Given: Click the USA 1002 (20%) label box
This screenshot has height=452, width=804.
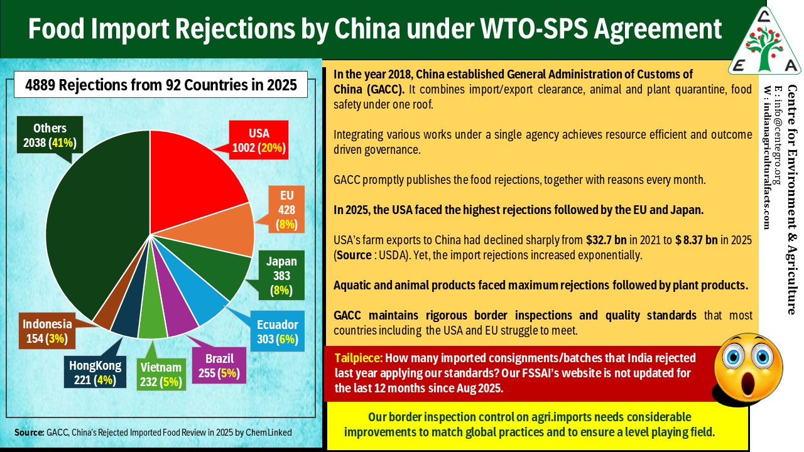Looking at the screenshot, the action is pyautogui.click(x=258, y=140).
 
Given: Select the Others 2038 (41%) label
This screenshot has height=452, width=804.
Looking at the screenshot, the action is pyautogui.click(x=50, y=135).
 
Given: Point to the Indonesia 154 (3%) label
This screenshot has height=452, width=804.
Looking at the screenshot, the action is pyautogui.click(x=47, y=331).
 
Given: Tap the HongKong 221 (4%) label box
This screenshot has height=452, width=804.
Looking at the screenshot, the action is pyautogui.click(x=95, y=372).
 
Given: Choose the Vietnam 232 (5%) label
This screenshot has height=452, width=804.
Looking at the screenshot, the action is pyautogui.click(x=161, y=374).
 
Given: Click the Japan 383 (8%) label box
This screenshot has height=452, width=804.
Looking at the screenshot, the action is pyautogui.click(x=281, y=275).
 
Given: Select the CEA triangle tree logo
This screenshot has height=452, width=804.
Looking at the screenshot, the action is pyautogui.click(x=764, y=41).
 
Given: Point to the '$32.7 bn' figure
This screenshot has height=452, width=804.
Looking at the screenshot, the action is pyautogui.click(x=606, y=240).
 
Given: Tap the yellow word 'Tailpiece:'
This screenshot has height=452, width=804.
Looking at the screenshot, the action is pyautogui.click(x=359, y=358).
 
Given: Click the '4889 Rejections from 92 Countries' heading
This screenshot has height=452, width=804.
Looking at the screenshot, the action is pyautogui.click(x=161, y=85).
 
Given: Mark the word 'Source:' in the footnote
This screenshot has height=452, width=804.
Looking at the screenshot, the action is pyautogui.click(x=29, y=433).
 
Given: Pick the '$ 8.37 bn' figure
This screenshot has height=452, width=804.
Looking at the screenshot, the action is pyautogui.click(x=697, y=240).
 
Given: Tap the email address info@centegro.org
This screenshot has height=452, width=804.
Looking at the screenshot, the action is pyautogui.click(x=778, y=135).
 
